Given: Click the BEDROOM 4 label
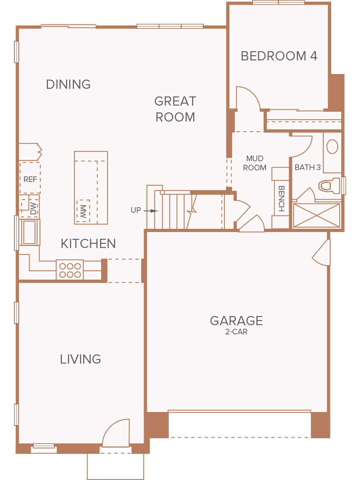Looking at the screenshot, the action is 279,56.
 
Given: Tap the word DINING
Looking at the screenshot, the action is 68,84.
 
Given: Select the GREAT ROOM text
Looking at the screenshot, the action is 175,109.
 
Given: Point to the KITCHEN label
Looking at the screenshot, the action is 88,244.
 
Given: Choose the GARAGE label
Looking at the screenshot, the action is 236,320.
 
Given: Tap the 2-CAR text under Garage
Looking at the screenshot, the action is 236,332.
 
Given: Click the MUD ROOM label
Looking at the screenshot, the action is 255,163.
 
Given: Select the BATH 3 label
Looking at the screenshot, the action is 308,167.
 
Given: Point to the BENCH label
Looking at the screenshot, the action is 282,198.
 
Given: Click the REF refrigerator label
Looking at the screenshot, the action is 30,179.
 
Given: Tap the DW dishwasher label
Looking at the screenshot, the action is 33,208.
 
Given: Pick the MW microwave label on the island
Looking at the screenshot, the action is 83,212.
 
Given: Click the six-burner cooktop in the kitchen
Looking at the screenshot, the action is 70,270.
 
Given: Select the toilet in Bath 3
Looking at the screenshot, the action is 329,186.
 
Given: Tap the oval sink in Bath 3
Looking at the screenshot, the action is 332,147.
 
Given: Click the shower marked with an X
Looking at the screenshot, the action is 316,215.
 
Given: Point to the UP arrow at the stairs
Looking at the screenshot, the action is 151,211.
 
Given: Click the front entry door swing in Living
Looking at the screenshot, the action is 116,433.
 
